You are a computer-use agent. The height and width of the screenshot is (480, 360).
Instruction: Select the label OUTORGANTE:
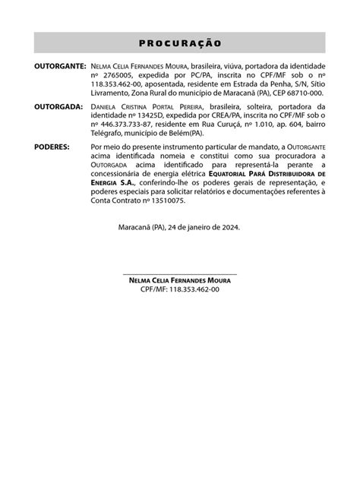click(61, 68)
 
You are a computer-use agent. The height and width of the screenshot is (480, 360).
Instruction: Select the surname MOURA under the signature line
click(216, 280)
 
